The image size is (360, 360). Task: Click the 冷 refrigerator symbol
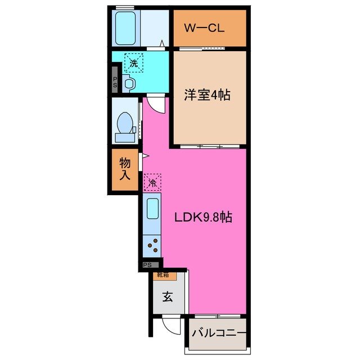tap(152, 182)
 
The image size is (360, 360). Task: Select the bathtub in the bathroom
tap(125, 28)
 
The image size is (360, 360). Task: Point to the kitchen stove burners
tap(152, 245)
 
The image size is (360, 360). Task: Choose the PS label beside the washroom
tap(115, 82)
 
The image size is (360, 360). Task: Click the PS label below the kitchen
tap(147, 265)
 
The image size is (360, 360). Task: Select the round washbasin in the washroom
tap(129, 83)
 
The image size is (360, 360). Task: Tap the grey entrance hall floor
tap(168, 307)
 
